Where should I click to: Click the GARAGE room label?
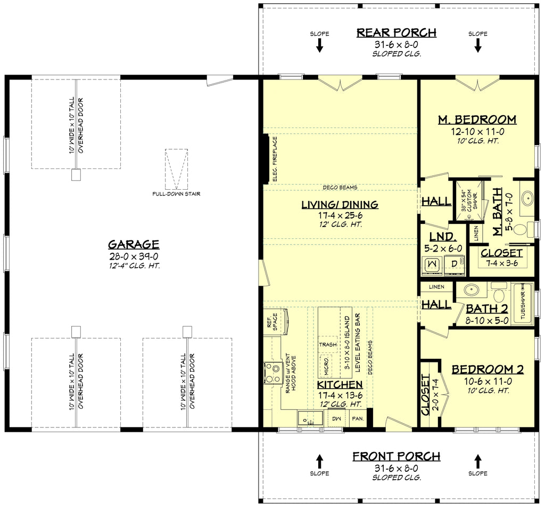[x=134, y=245]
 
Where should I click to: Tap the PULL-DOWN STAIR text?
[x=176, y=194]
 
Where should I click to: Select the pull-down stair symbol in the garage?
[x=176, y=169]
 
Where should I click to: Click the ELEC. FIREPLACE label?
[x=275, y=159]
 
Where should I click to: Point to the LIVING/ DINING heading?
[x=340, y=205]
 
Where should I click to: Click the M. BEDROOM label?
[x=477, y=119]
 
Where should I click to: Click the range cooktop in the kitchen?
[x=272, y=372]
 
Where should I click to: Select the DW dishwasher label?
[x=336, y=419]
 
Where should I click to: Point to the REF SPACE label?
[x=272, y=322]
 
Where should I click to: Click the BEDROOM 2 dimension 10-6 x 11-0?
[x=488, y=381]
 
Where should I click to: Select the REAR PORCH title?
[x=396, y=33]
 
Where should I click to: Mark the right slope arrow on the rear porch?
[x=477, y=46]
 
